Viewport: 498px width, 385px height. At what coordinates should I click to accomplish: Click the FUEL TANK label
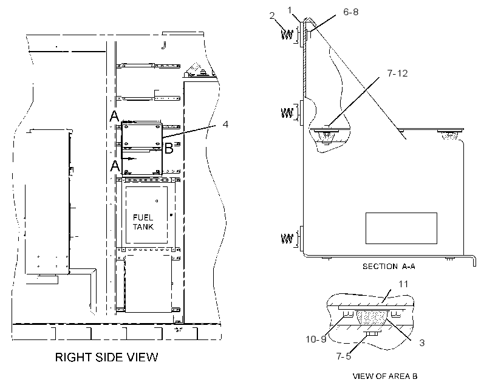click(143, 222)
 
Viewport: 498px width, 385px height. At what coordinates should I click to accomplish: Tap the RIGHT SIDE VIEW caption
click(106, 357)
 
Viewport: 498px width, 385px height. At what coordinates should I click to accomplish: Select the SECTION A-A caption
click(389, 266)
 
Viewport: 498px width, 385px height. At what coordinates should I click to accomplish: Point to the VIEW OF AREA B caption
click(385, 376)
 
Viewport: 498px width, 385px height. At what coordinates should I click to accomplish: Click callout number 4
click(225, 124)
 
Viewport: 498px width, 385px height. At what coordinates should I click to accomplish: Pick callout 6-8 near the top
click(351, 12)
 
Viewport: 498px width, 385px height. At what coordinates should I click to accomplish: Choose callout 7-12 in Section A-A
click(397, 73)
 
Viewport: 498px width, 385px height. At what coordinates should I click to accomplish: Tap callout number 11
click(403, 284)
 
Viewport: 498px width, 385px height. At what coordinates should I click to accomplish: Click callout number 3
click(421, 342)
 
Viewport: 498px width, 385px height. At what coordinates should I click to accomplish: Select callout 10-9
click(316, 339)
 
